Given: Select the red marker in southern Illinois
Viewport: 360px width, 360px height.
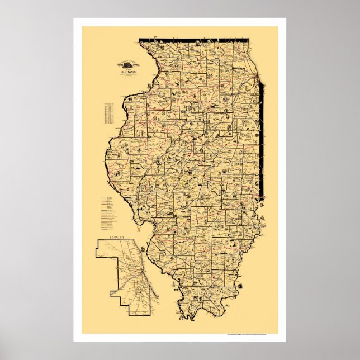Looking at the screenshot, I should point(214,276).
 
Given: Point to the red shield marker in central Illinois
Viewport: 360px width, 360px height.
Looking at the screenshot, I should point(191,150).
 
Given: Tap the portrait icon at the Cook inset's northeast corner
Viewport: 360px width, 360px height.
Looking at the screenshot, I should point(146,244).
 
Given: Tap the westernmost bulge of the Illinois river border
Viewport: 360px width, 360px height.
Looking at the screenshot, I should point(105,168).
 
